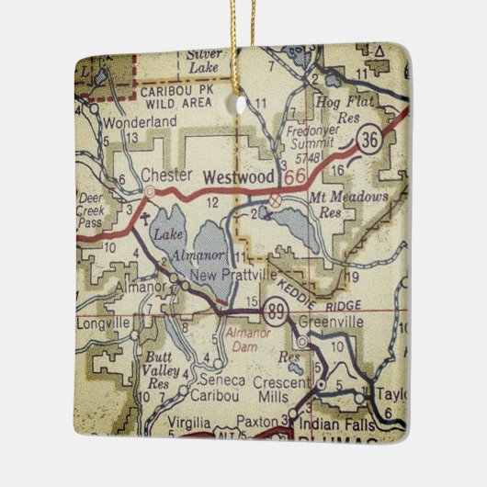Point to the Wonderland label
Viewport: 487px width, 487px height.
(140, 120)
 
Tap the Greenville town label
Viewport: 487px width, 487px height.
(330, 322)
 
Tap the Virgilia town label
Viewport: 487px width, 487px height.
(194, 424)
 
